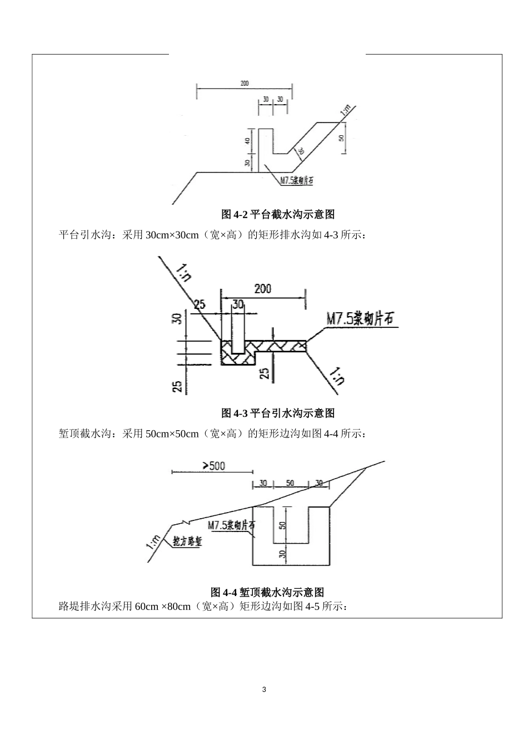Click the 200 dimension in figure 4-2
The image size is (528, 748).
click(245, 83)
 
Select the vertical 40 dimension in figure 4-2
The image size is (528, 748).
click(248, 141)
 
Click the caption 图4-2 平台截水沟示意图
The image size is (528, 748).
click(278, 214)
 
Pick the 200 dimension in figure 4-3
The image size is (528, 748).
click(263, 288)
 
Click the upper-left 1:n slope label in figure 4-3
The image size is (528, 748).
click(184, 274)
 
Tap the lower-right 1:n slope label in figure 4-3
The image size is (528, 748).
click(337, 376)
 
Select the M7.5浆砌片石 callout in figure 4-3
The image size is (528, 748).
click(360, 318)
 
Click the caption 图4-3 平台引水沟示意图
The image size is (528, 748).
click(278, 413)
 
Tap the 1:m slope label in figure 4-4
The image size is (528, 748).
click(154, 541)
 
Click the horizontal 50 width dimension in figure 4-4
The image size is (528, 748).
click(290, 483)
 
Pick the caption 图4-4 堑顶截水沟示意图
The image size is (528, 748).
click(267, 592)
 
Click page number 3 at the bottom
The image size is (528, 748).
click(264, 690)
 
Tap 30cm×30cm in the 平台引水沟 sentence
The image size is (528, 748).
click(172, 235)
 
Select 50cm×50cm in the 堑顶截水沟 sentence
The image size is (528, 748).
click(172, 433)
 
